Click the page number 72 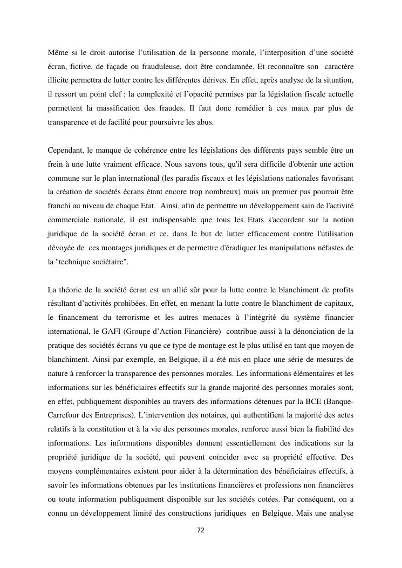[x=201, y=530]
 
